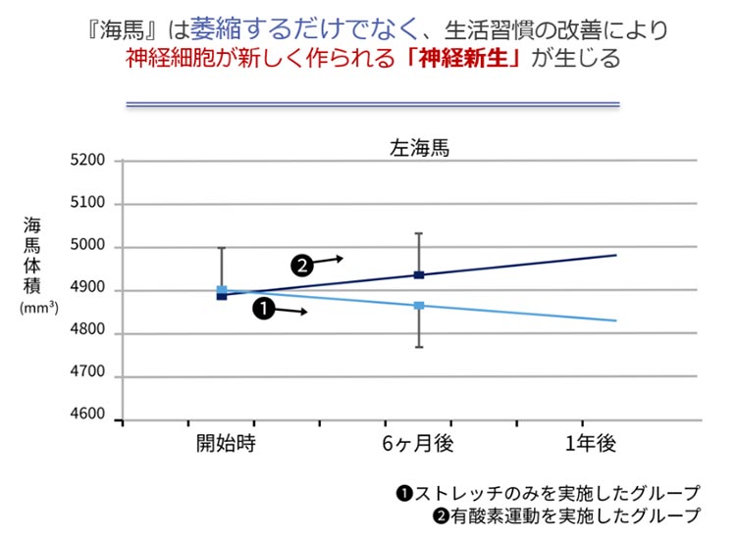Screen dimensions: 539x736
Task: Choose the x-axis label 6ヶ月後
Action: point(418,443)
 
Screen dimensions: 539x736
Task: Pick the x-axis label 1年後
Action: point(591,443)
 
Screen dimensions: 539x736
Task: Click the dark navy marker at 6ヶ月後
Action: point(419,275)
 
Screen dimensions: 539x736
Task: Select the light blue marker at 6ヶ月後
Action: point(419,306)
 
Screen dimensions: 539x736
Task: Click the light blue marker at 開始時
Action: point(222,290)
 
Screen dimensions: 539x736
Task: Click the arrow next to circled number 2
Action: point(330,260)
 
